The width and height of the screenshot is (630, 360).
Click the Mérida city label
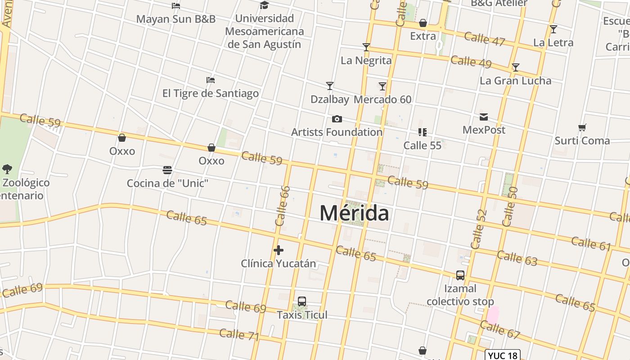coord(354,213)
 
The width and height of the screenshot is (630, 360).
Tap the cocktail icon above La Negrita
coord(366,47)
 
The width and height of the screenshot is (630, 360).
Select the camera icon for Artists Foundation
coord(337,119)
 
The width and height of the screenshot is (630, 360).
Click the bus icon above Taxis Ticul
coord(302,301)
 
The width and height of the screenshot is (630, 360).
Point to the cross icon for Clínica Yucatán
coord(279,250)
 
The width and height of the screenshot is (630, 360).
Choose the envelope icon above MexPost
coord(484,117)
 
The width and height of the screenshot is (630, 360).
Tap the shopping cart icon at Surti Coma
coord(582,128)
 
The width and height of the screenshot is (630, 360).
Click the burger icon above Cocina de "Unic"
coord(167,170)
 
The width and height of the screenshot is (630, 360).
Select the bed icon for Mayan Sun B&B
coord(176,6)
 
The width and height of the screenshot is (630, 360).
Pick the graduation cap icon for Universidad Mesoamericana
coord(264,5)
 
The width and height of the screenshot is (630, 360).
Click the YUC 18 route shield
coord(503,355)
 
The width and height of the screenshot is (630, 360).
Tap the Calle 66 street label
coord(282,206)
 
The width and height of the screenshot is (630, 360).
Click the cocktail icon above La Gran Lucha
coord(516,67)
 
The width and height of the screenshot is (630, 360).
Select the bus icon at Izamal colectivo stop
coord(460,275)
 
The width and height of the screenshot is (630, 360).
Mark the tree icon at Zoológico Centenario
coord(7,169)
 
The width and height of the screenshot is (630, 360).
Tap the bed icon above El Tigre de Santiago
coord(211,80)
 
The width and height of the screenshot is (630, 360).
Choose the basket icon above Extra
coord(423,23)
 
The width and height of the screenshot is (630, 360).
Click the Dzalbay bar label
coord(330,99)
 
